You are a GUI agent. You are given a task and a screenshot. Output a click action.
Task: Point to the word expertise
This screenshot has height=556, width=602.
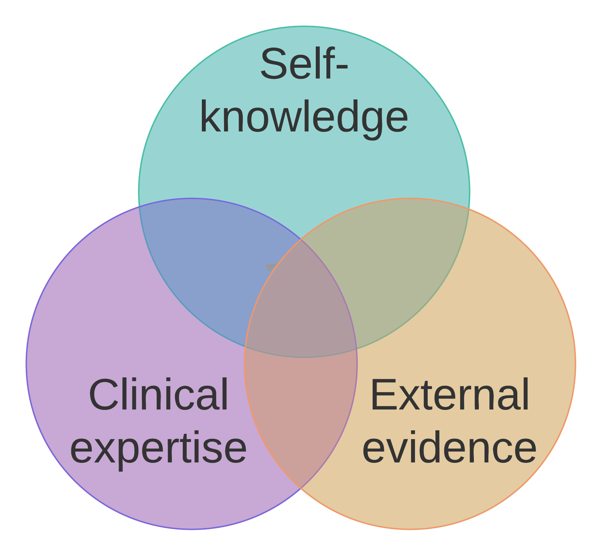pyautogui.click(x=158, y=449)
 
